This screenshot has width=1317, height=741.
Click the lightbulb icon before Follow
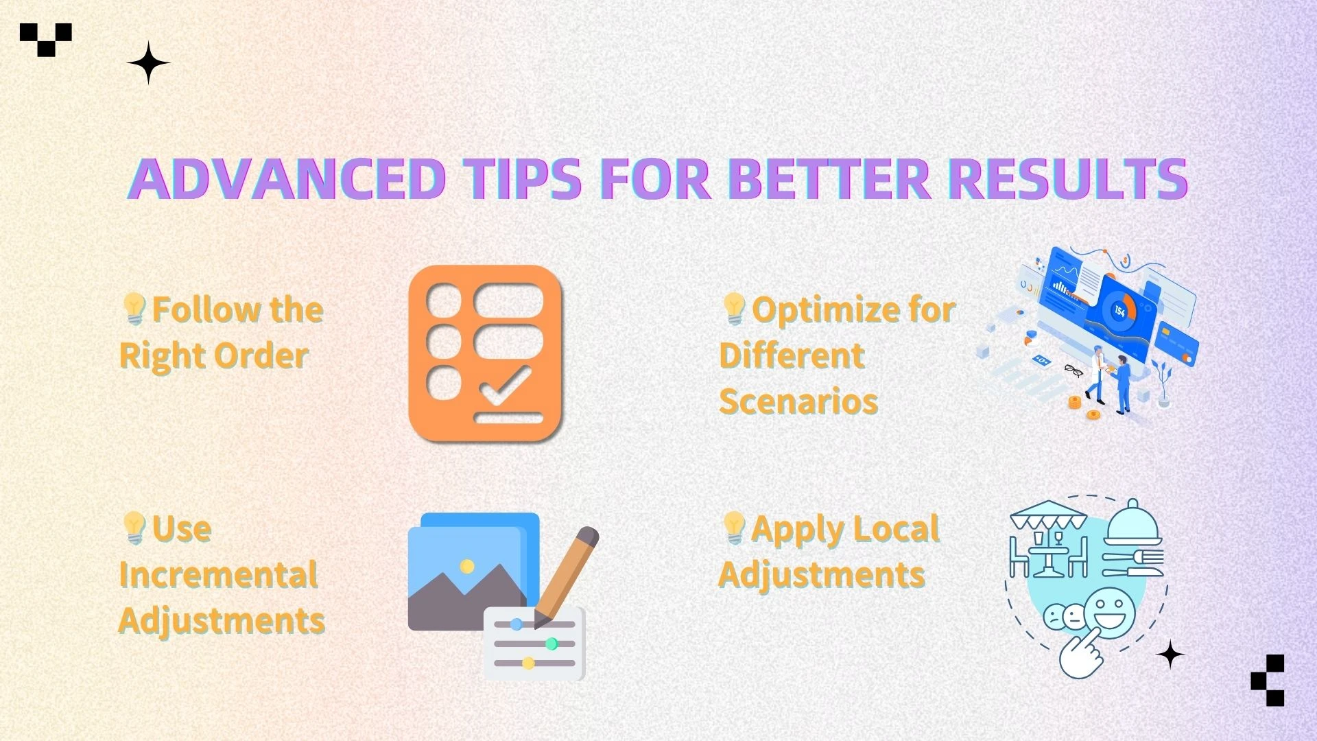[134, 309]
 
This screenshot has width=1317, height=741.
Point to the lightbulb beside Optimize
[734, 309]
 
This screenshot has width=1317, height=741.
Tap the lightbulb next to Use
[134, 528]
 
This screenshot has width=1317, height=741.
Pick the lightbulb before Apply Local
[734, 528]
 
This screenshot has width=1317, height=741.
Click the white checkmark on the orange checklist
[506, 386]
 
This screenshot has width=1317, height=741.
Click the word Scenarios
[798, 401]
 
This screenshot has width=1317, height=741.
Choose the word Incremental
[218, 574]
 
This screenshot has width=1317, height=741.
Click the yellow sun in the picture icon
[467, 566]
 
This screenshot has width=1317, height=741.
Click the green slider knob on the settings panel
[551, 644]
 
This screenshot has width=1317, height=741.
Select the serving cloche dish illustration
[1133, 524]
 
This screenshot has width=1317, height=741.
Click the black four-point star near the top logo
[148, 63]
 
